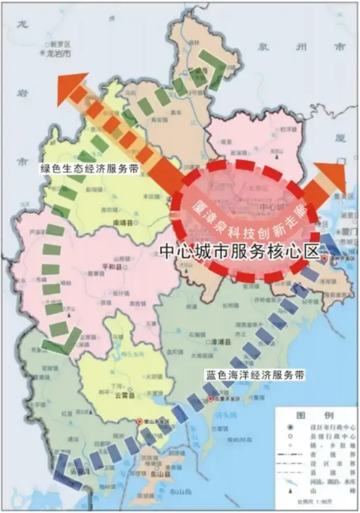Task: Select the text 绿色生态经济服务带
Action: [90, 168]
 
